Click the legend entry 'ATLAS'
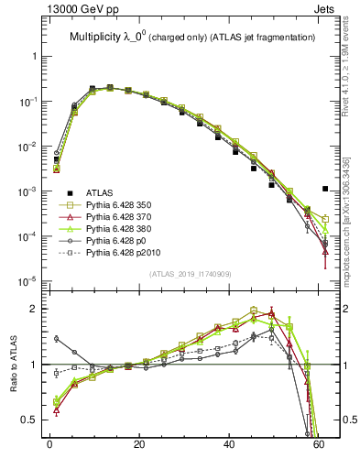(x=100, y=192)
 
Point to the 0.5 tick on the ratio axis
(x=31, y=420)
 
